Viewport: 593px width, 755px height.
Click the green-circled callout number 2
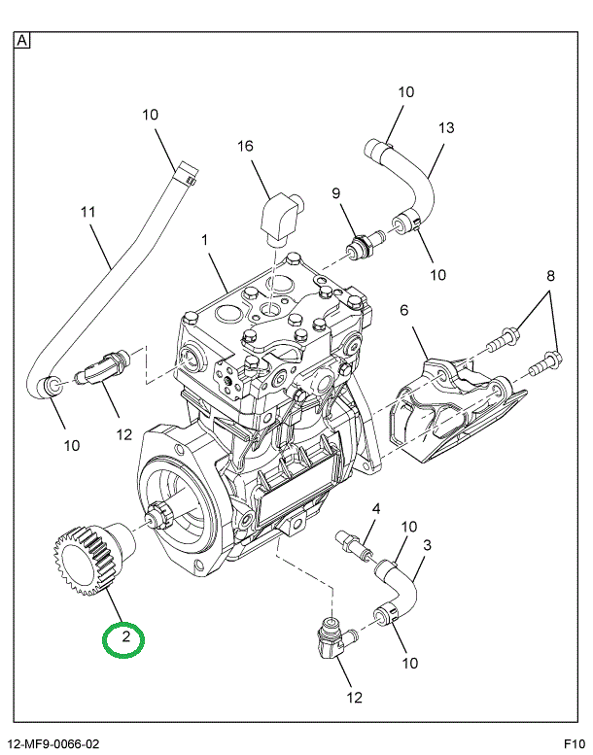coord(124,638)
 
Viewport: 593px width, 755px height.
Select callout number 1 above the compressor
coord(205,239)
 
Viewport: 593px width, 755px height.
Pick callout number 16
coord(245,146)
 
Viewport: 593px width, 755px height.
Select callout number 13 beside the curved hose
coord(445,127)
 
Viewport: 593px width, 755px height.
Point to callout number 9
coord(337,193)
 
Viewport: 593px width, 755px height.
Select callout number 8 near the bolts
coord(550,276)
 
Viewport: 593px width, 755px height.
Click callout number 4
coord(376,508)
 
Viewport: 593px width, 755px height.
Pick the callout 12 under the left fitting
coord(124,434)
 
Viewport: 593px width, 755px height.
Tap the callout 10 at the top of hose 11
coord(150,115)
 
